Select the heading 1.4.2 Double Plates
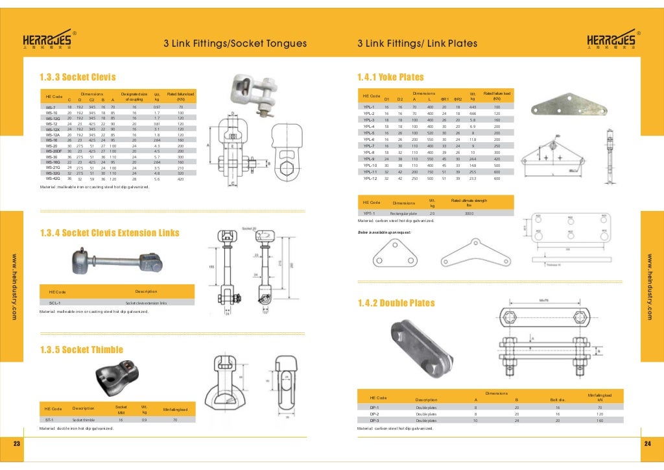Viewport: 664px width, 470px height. [396, 303]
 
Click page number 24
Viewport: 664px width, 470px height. [646, 443]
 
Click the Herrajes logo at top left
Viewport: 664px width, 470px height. [49, 40]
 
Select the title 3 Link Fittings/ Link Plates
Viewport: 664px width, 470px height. [417, 44]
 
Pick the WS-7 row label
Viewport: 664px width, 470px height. [51, 106]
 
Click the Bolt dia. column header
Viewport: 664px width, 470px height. [558, 399]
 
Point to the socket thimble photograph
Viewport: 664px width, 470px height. [116, 375]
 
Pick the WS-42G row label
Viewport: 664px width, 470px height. [53, 179]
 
